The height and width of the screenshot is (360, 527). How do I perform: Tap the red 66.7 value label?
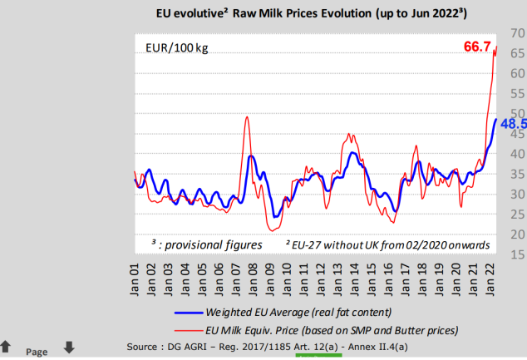[x=477, y=46]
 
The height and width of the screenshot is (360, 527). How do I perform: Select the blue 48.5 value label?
[x=512, y=123]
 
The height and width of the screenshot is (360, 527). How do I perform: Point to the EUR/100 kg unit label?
[x=177, y=49]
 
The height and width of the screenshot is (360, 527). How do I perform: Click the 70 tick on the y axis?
[x=517, y=33]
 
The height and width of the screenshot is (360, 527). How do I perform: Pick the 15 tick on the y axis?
[x=517, y=254]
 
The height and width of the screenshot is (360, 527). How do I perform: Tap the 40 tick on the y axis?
[x=517, y=154]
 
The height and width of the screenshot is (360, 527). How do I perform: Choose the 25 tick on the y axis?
[x=517, y=215]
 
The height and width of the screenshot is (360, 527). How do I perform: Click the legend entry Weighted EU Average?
[x=291, y=313]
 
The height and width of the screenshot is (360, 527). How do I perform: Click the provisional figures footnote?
[x=206, y=244]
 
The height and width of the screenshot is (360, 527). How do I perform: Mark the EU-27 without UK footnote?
[x=387, y=244]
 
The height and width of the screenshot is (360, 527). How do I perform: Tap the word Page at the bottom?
[x=37, y=352]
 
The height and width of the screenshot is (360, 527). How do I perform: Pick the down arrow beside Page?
[x=69, y=347]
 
